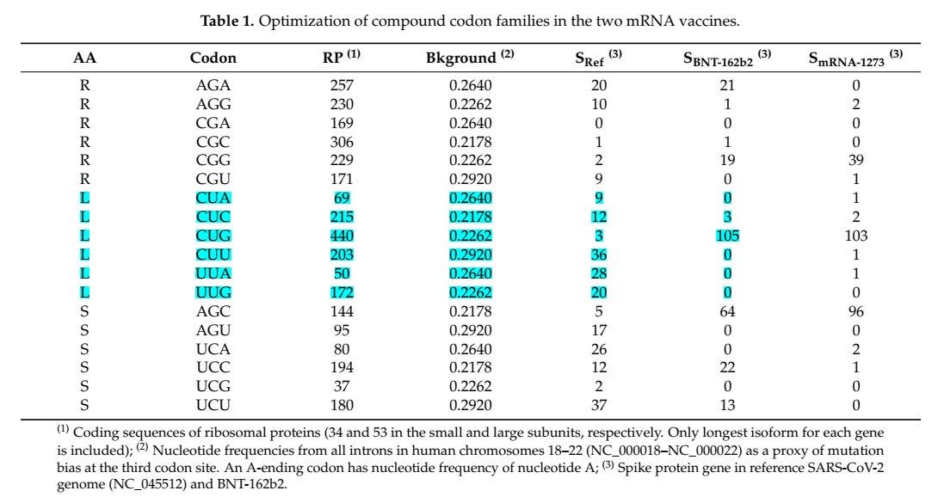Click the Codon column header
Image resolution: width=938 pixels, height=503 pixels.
point(213,59)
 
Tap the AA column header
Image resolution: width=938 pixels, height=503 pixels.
point(84,59)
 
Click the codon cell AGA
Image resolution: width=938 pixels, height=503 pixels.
point(213,85)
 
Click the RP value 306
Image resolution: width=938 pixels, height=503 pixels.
point(342,140)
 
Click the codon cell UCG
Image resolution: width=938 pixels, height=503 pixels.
point(213,387)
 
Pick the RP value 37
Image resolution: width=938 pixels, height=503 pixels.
point(342,387)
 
